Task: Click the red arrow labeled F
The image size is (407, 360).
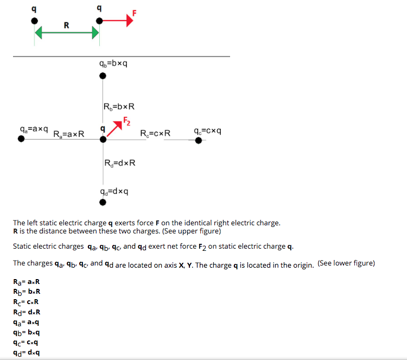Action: [116, 21]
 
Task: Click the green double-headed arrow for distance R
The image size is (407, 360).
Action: [67, 34]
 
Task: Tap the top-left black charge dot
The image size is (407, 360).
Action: [35, 21]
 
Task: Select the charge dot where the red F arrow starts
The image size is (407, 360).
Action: [99, 21]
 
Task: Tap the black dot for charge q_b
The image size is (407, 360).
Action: [103, 75]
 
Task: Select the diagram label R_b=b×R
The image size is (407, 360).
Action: [118, 106]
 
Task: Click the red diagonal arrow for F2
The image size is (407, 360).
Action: [114, 129]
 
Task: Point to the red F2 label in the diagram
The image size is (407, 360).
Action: [126, 121]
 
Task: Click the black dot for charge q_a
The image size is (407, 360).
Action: [21, 139]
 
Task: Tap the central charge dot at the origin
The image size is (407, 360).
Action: [103, 139]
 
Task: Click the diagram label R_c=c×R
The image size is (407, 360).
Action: [155, 133]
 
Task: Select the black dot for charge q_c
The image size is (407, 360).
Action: [199, 140]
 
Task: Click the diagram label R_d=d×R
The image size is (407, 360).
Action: [119, 162]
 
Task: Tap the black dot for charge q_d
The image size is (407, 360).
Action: [103, 203]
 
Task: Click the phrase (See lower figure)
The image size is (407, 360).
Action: [346, 263]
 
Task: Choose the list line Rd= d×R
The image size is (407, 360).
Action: [27, 312]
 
